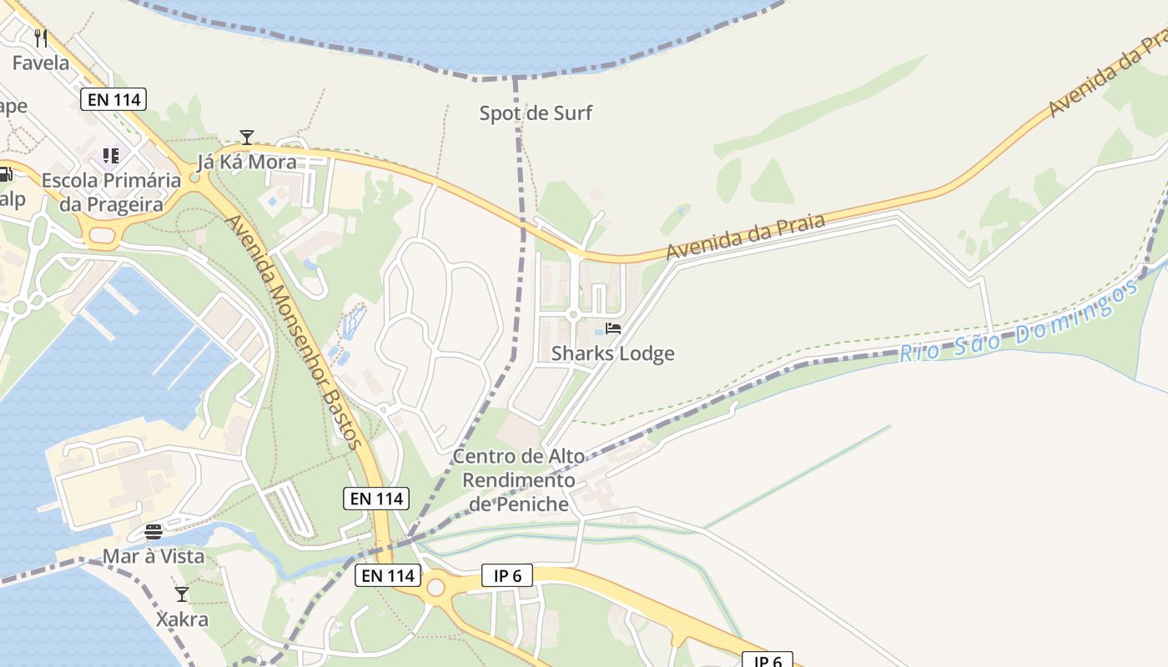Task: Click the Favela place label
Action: coord(41,63)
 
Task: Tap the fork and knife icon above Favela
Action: coord(41,38)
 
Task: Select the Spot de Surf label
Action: coord(536,113)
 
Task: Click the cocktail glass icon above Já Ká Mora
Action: coord(246,138)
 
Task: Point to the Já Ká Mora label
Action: coord(246,161)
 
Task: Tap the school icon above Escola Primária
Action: coord(111,156)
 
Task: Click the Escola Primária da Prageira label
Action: coord(111,192)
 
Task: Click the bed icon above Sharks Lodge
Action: coord(613,328)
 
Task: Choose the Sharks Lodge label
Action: coord(613,354)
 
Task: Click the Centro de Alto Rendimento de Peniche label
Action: coord(519,480)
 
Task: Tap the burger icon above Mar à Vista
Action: coord(154,532)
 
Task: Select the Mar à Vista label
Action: coord(154,556)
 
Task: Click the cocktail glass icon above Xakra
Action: coord(182,594)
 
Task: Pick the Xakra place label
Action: coord(182,619)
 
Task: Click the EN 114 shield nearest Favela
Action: coord(114,100)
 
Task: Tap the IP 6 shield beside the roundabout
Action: coord(507,575)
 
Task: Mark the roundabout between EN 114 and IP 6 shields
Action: coord(435,588)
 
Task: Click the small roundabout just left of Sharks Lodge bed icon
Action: coord(573,314)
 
